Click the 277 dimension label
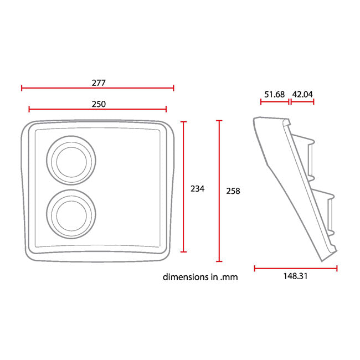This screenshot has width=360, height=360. (x=99, y=83)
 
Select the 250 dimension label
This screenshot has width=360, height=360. (x=99, y=104)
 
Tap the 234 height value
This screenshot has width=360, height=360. (x=198, y=189)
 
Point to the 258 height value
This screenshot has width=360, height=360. (x=233, y=191)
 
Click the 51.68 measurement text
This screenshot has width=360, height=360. (x=274, y=94)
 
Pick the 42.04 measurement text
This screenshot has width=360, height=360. (x=302, y=94)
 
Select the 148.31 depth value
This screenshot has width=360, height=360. (x=295, y=276)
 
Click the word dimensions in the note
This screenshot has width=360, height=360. (x=186, y=277)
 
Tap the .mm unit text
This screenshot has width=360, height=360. (x=229, y=277)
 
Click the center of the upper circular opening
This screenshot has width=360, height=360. (x=71, y=160)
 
